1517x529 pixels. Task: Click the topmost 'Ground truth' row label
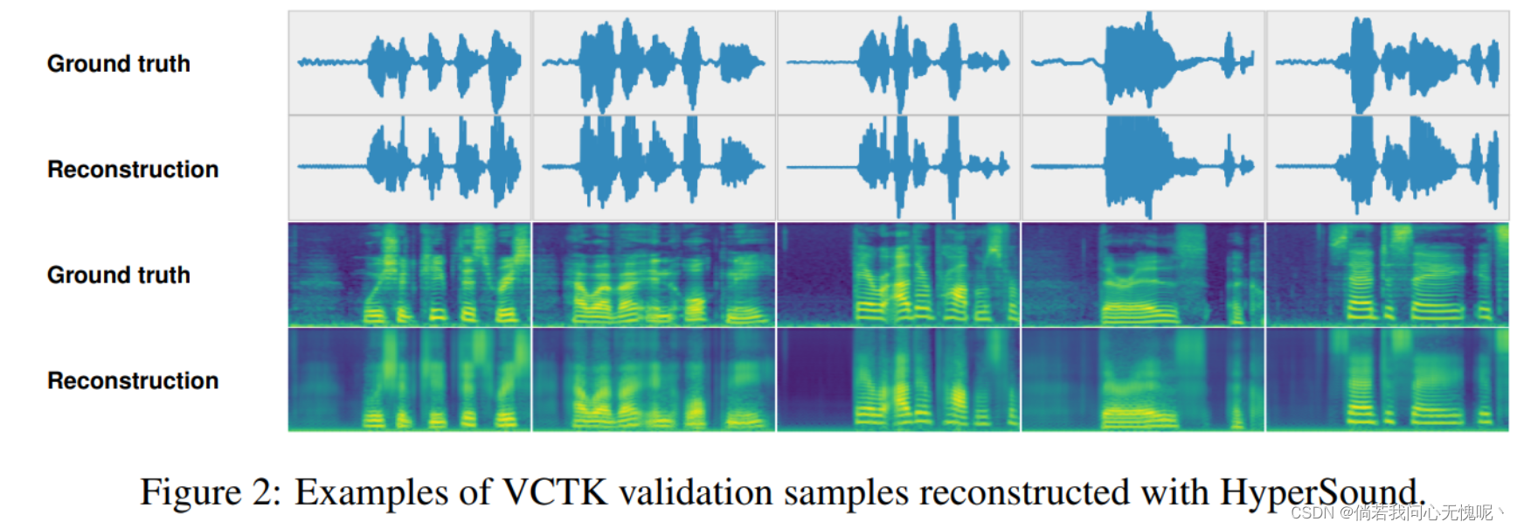coord(119,64)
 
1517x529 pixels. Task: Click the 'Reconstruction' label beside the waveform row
coord(133,170)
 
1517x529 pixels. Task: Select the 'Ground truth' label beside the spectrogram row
coord(119,275)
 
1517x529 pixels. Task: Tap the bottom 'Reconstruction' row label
coord(133,381)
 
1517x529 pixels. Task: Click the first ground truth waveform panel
coord(410,63)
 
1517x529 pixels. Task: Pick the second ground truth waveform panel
coord(655,63)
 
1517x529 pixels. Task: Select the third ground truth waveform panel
coord(899,63)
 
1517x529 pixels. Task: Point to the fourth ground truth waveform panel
coord(1144,63)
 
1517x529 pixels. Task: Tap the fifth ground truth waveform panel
coord(1388,63)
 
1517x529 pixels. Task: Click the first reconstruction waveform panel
coord(410,168)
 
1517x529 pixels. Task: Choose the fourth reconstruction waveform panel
coord(1144,168)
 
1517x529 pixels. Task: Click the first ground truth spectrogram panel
coord(410,275)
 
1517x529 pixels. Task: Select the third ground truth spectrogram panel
coord(899,275)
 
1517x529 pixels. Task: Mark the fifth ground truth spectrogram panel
coord(1388,275)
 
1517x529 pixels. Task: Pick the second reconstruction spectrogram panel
coord(655,379)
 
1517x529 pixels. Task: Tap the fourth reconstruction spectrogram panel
coord(1144,379)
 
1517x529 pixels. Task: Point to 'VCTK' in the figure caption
coord(555,492)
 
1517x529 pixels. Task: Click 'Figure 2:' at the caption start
coord(211,492)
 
